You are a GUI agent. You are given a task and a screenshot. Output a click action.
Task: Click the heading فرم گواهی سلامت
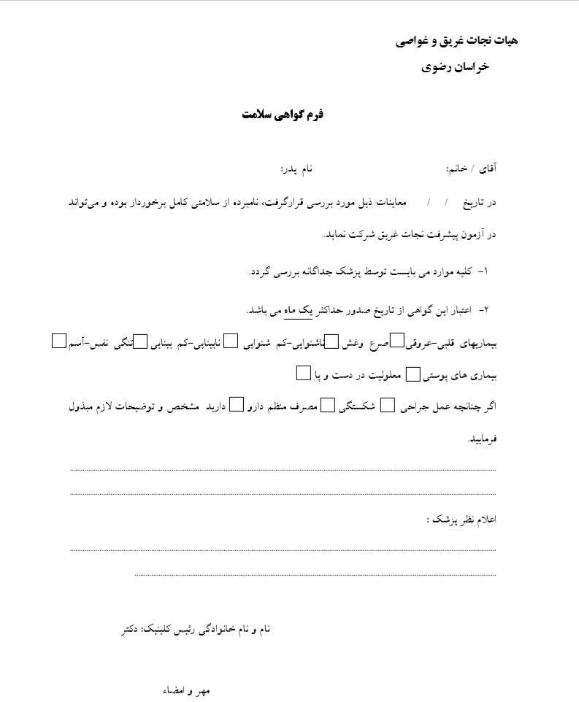tap(283, 115)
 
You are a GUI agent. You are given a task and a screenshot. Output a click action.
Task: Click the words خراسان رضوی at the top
tap(455, 67)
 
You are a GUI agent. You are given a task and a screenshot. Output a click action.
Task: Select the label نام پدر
tap(296, 169)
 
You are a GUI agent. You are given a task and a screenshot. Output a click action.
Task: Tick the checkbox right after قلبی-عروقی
tap(398, 341)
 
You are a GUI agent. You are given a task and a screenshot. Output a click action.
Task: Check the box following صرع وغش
tap(331, 341)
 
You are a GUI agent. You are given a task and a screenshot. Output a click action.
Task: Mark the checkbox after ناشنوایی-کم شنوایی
tap(231, 341)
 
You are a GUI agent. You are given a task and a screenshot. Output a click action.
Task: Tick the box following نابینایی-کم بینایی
tap(140, 341)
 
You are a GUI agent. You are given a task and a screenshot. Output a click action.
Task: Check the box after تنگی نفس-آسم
tap(59, 341)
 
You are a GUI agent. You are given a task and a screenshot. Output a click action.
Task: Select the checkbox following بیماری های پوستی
tap(412, 374)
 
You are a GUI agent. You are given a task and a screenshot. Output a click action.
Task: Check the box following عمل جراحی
tap(388, 405)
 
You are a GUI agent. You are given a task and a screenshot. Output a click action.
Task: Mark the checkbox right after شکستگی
tap(329, 405)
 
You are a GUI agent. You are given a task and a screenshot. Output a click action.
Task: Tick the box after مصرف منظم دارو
tap(236, 405)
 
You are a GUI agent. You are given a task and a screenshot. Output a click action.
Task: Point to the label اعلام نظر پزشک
tap(461, 520)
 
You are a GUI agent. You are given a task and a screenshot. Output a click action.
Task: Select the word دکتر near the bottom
tap(131, 628)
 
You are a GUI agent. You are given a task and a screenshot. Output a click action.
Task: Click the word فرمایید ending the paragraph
tap(481, 439)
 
